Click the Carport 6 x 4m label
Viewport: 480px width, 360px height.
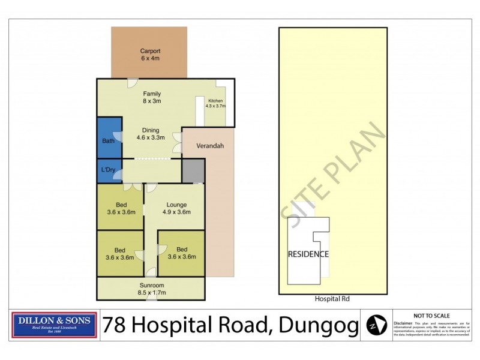[149, 55]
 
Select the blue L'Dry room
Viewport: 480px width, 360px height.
[109, 170]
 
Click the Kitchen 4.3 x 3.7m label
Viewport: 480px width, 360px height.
[215, 103]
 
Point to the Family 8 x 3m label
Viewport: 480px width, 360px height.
[151, 97]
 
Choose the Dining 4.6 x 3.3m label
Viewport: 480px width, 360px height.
[151, 134]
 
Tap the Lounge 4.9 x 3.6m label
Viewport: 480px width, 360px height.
[176, 208]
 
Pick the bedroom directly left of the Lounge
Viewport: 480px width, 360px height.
[121, 208]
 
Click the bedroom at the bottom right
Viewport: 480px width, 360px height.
[181, 253]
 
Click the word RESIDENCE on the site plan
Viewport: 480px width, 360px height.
[308, 254]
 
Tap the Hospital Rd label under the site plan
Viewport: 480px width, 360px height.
[331, 299]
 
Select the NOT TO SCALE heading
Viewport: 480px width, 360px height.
[430, 315]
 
